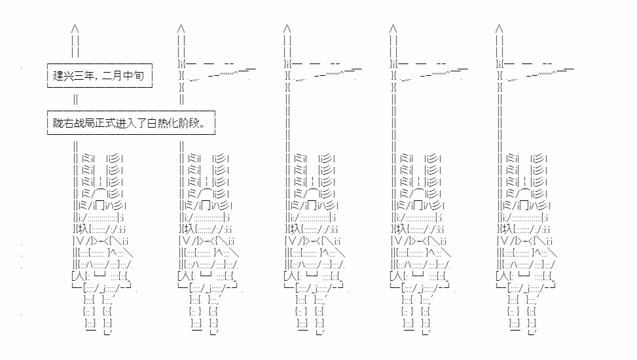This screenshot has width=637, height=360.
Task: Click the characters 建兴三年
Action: [73, 75]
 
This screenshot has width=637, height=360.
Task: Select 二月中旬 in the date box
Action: [122, 75]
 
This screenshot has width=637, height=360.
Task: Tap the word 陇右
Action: [63, 122]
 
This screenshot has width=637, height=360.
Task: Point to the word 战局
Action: [84, 122]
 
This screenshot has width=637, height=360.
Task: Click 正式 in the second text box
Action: [105, 122]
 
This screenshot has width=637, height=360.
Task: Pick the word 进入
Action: [126, 122]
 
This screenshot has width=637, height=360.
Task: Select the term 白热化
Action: [162, 122]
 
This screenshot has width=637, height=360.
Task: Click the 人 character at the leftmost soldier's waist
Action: [81, 276]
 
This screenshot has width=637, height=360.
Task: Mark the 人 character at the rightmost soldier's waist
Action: [506, 276]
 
